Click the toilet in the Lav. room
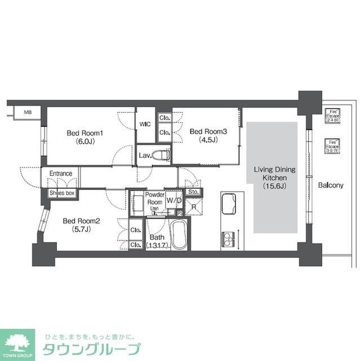tap(162, 154)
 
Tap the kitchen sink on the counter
tap(230, 205)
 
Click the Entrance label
tap(60, 173)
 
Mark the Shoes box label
tap(61, 193)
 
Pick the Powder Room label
tap(154, 199)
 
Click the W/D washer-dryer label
tap(174, 201)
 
